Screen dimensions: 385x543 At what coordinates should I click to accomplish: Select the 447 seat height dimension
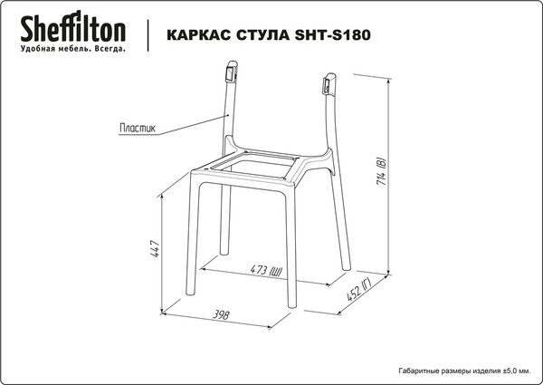156,251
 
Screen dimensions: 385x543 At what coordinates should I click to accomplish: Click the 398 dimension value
219,314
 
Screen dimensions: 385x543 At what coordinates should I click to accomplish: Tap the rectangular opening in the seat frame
259,166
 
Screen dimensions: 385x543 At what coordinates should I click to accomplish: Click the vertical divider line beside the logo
146,33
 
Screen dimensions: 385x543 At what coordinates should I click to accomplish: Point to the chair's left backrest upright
227,113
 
